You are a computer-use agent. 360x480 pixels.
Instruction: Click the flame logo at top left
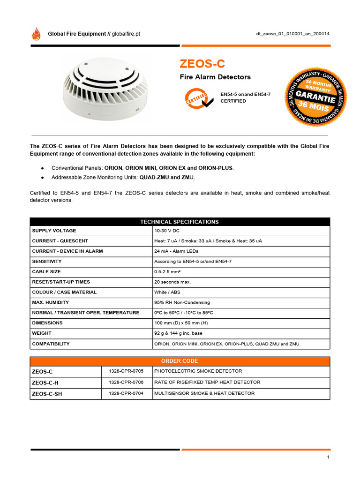(36, 34)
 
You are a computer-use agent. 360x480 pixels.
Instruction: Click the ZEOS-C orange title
(199, 63)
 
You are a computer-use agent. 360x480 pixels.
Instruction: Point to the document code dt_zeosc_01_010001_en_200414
(292, 34)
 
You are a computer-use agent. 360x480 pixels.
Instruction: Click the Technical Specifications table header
(180, 222)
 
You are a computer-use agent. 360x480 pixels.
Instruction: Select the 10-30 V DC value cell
(167, 231)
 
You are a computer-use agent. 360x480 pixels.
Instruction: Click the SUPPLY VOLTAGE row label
(54, 231)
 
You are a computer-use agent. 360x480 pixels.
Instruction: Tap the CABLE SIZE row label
(46, 272)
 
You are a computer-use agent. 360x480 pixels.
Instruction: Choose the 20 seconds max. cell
(172, 282)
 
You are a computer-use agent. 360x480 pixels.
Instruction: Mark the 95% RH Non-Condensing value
(182, 303)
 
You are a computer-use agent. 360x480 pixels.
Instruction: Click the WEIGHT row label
(41, 333)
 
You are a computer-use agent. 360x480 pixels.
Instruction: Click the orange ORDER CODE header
(180, 361)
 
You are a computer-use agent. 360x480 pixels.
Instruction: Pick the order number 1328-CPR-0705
(127, 371)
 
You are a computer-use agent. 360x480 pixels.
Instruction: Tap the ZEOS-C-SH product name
(47, 394)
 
